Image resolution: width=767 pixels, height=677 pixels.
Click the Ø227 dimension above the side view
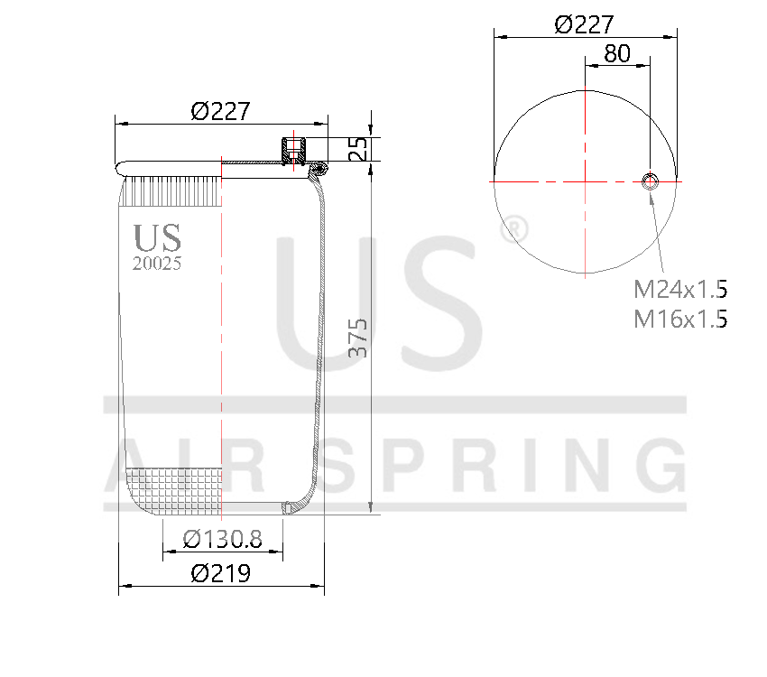point(220,111)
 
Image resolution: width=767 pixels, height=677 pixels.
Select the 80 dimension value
point(616,53)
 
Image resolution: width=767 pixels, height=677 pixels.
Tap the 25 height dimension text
point(358,149)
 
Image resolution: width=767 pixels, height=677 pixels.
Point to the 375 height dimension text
point(358,338)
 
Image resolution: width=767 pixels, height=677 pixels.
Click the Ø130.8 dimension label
point(222,540)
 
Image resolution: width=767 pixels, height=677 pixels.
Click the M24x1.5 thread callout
point(679,290)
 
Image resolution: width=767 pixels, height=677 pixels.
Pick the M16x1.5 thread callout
point(679,319)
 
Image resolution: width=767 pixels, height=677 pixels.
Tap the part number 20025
point(157,264)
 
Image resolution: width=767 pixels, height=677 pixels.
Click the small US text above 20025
point(157,238)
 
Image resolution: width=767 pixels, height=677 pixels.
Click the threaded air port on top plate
point(293,150)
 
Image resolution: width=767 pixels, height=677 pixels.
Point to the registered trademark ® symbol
point(513,228)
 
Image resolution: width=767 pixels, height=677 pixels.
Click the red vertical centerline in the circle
point(585,226)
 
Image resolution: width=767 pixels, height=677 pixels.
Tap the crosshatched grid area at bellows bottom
point(176,492)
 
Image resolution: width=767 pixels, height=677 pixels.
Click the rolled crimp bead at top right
point(319,170)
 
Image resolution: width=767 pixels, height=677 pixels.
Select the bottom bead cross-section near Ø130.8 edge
point(287,508)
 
